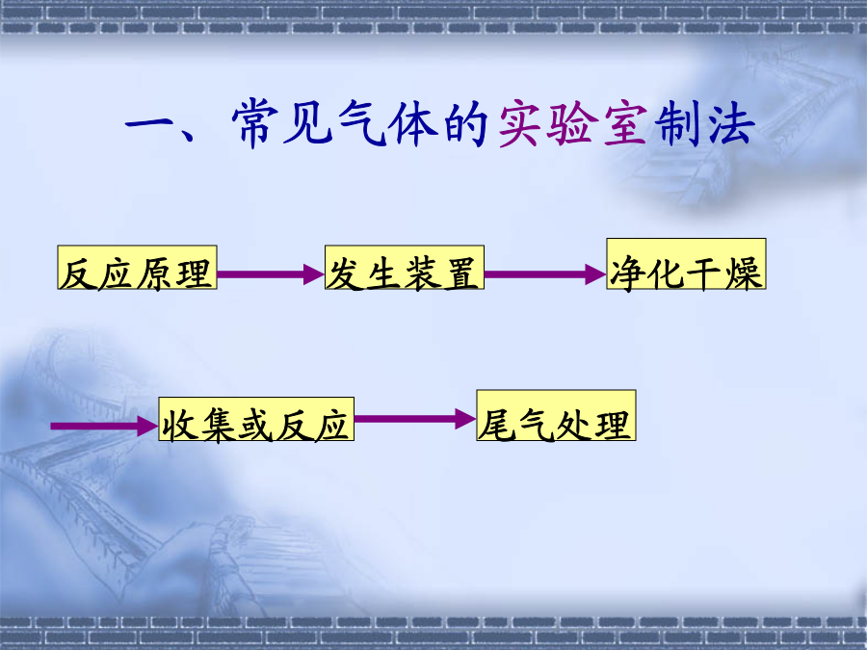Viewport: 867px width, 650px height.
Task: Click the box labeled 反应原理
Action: click(x=137, y=268)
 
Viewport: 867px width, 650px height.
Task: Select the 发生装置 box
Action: click(x=405, y=268)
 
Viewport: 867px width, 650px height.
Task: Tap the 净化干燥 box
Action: click(x=686, y=264)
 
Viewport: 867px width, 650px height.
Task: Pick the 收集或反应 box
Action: click(x=256, y=419)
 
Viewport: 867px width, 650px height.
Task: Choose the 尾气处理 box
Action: click(x=556, y=415)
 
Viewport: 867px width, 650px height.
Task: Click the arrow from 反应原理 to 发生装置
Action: click(x=271, y=274)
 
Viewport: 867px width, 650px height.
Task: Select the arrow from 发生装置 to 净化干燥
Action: click(x=545, y=274)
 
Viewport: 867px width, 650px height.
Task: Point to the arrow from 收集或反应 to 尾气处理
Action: click(x=415, y=419)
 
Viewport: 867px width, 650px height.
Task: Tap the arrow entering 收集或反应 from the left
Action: click(x=104, y=426)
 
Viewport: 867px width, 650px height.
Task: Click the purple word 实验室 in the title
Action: click(x=573, y=124)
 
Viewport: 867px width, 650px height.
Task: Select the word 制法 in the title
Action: click(x=704, y=124)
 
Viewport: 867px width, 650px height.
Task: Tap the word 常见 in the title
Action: click(x=282, y=124)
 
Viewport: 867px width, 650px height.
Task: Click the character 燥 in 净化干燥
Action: click(x=744, y=273)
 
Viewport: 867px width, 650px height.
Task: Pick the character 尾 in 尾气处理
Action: click(x=496, y=425)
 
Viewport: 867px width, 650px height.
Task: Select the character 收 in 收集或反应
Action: click(x=180, y=425)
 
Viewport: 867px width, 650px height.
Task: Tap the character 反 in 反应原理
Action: click(x=79, y=273)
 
